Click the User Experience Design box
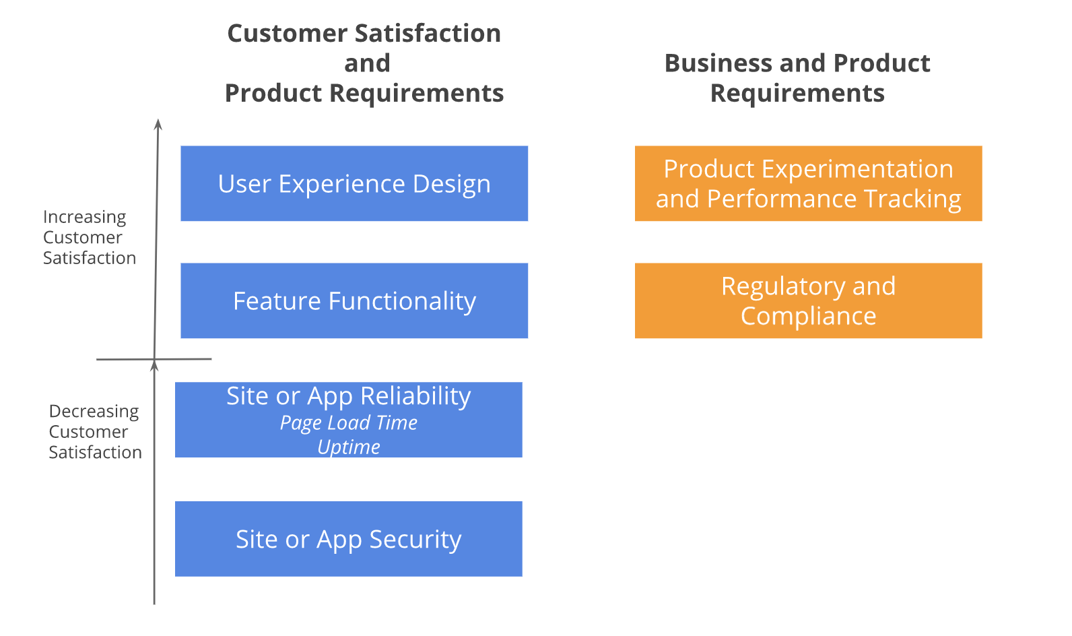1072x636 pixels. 354,183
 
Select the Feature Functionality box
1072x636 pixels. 354,300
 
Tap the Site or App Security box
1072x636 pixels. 348,539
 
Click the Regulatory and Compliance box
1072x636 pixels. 808,300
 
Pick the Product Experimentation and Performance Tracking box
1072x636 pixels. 808,183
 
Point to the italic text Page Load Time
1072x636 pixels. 348,423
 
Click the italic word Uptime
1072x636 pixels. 348,447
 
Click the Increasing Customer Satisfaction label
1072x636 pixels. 89,237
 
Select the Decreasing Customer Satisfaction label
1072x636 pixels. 94,431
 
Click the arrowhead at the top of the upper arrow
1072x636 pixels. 158,124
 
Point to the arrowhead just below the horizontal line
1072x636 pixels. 154,366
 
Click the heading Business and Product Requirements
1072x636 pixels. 797,77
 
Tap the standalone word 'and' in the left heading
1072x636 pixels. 367,63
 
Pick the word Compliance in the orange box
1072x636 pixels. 808,316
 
